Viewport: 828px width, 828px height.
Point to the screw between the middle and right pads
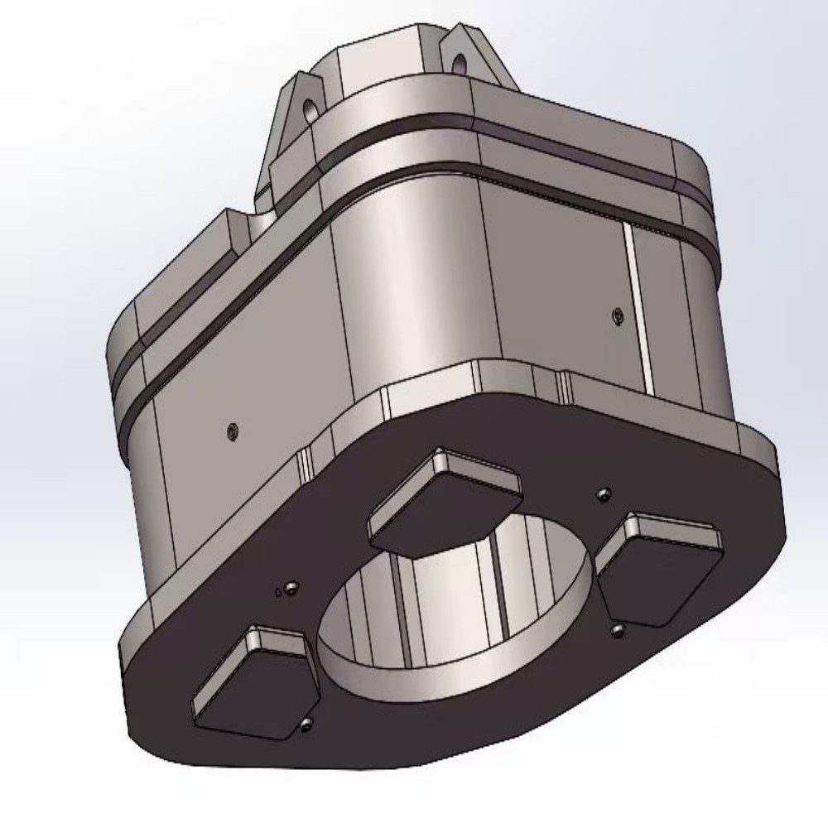coord(604,494)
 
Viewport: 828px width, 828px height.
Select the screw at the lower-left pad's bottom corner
coord(306,725)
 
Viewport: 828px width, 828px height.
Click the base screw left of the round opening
coord(289,588)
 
